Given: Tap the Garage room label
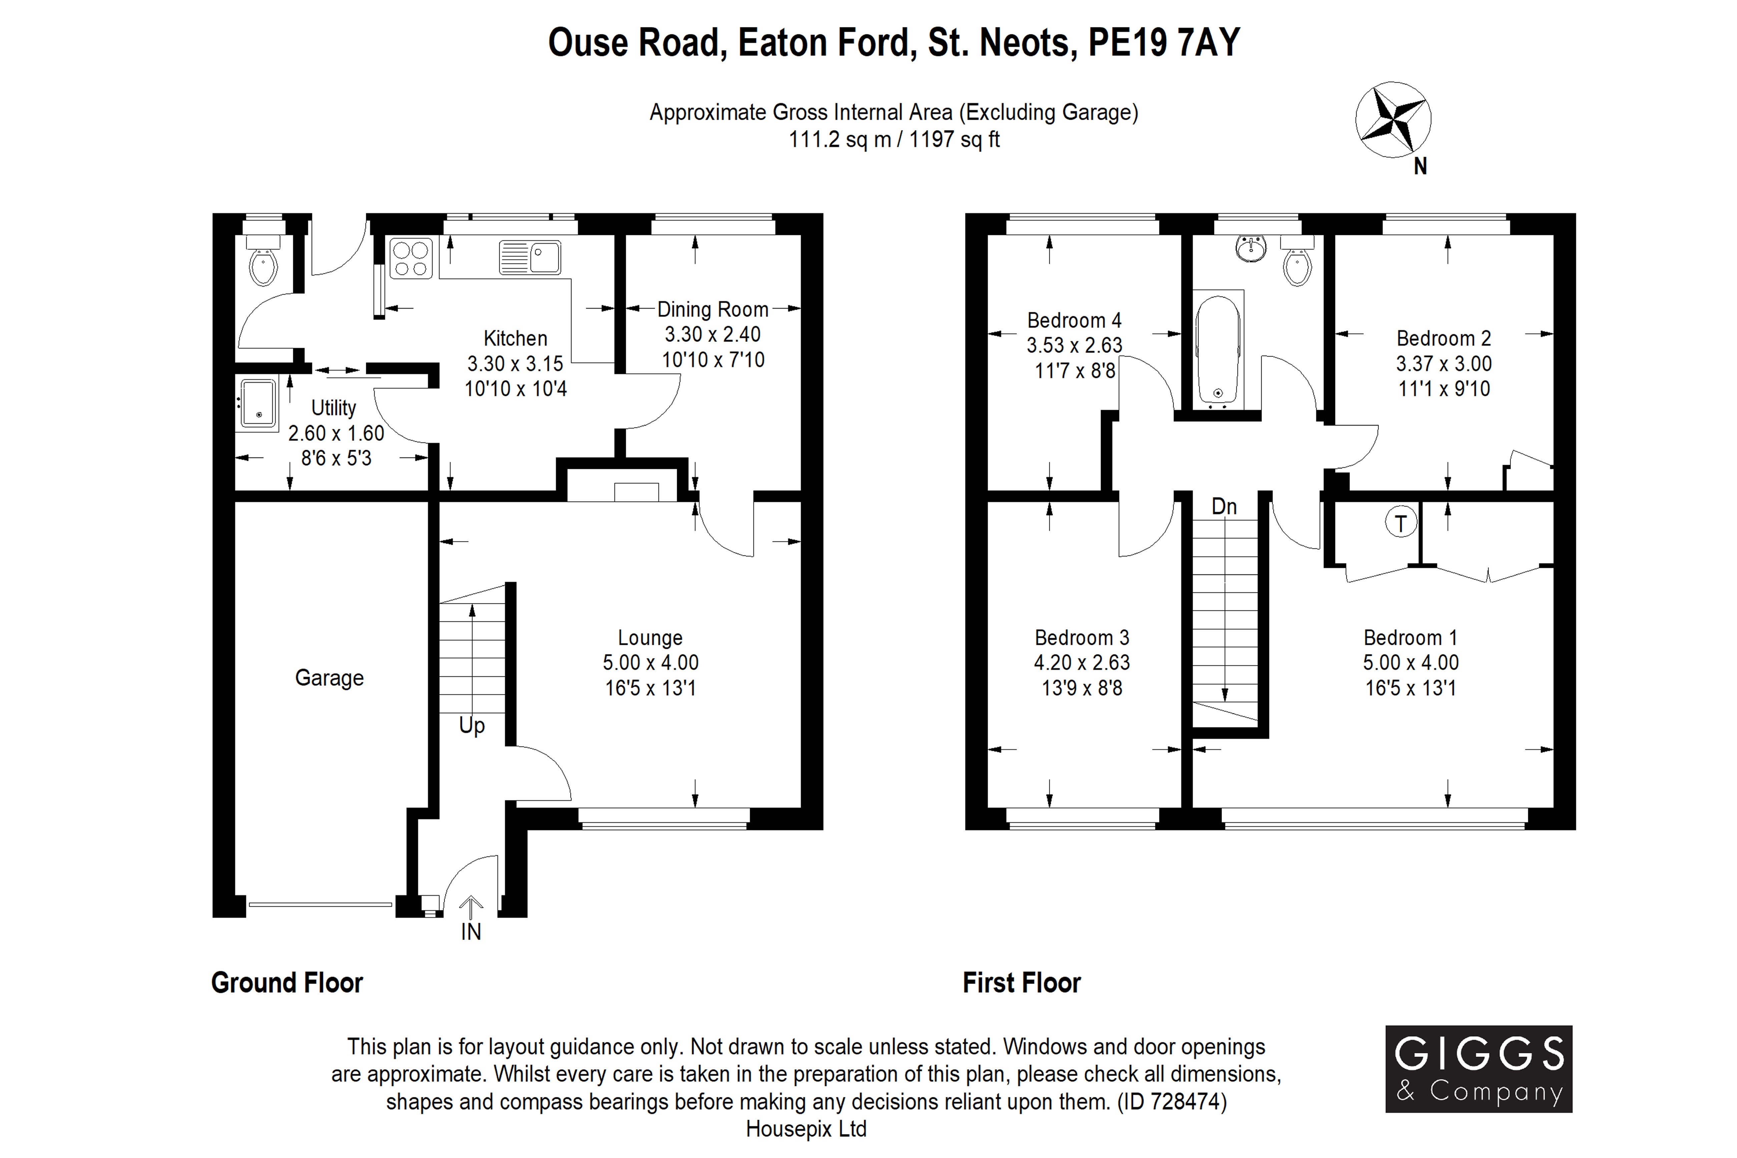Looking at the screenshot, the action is (x=330, y=678).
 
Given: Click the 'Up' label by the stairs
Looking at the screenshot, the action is (x=472, y=726).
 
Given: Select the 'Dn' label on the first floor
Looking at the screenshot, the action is (x=1224, y=506).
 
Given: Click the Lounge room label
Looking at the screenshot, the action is (x=650, y=637).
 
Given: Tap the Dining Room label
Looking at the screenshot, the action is (x=713, y=309).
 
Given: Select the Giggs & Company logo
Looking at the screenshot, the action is (x=1479, y=1069).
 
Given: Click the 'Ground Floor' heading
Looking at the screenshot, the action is (x=287, y=983).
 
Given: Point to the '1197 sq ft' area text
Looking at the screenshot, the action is (x=954, y=140).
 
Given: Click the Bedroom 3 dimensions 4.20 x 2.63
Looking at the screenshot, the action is (x=1081, y=663).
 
